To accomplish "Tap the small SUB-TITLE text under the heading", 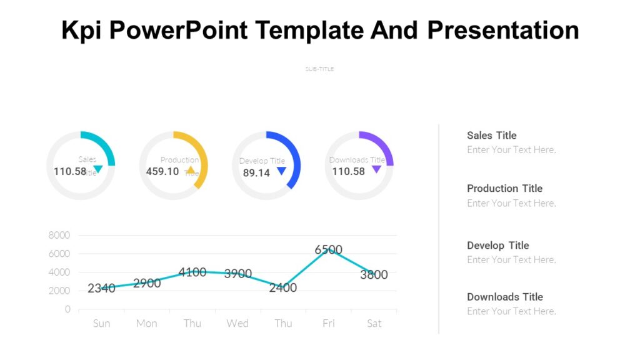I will pos(319,69).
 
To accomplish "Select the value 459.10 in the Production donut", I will pos(162,171).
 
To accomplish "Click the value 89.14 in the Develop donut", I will pos(256,172).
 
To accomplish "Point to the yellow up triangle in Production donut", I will pos(191,170).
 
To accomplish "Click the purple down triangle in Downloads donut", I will pos(376,169).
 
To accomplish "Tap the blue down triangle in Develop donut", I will pos(281,171).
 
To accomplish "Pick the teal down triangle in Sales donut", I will pos(97,169).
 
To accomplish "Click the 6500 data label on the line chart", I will pos(328,250).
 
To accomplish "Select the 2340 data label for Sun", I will pos(101,288).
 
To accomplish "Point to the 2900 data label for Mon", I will pos(147,283).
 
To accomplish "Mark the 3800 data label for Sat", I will pos(374,274).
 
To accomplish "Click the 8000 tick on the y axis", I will pos(59,235).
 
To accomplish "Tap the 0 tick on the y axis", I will pos(67,309).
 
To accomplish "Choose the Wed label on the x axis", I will pos(237,323).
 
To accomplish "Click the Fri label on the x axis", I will pos(328,323).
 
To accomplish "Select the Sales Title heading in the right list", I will pos(491,135).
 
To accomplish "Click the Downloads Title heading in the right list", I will pos(504,297).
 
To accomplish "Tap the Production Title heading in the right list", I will pos(504,188).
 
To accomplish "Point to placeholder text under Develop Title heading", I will pos(511,259).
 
